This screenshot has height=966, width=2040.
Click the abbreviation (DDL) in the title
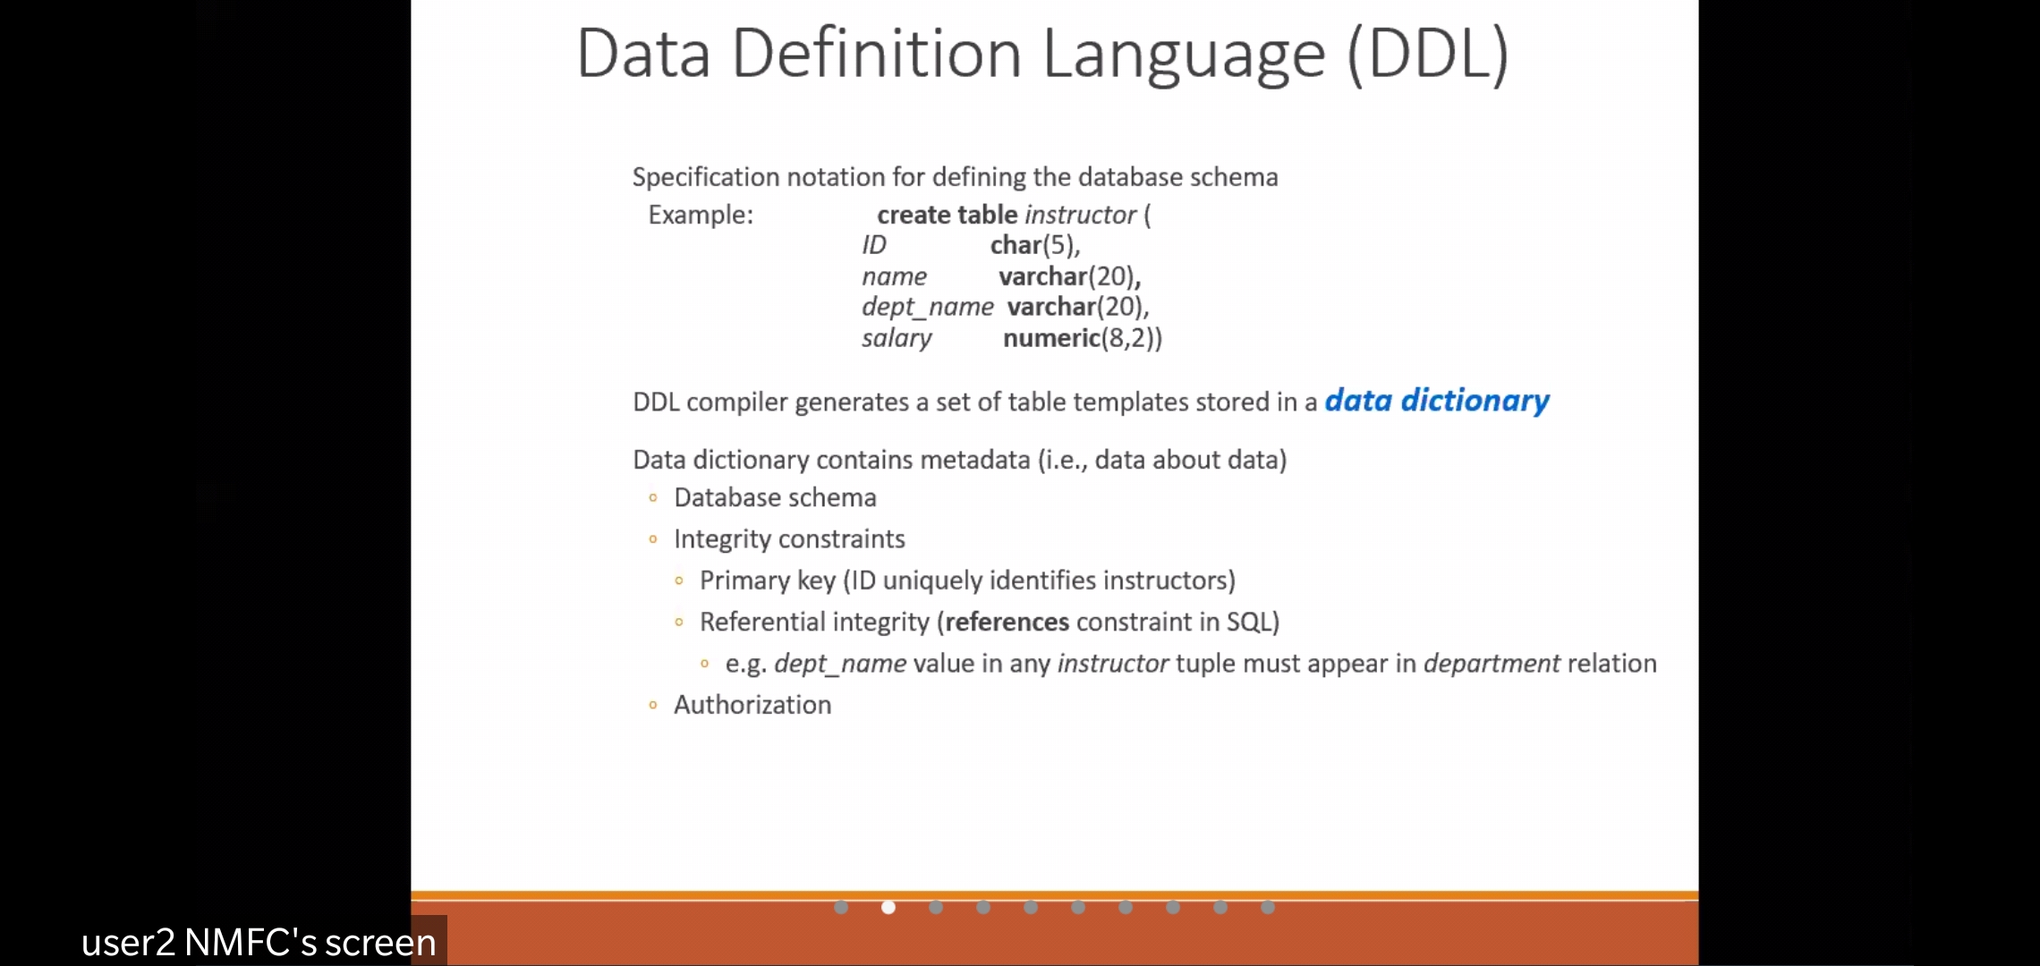pos(1428,55)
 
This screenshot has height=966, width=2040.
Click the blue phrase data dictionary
pos(1437,401)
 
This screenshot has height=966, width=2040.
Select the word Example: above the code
pos(701,216)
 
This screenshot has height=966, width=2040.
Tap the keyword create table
pos(948,215)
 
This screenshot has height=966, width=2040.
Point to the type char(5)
pos(1034,245)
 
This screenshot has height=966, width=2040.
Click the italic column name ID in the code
pos(874,245)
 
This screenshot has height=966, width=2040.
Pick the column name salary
pos(897,338)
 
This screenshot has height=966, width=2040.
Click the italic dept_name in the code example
pos(928,307)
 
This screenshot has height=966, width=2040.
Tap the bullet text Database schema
pos(775,497)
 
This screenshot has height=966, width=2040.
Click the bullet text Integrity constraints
pos(789,539)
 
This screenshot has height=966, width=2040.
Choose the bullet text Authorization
pos(752,705)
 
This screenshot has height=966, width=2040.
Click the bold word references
pos(1007,622)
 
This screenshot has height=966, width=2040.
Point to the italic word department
pos(1492,664)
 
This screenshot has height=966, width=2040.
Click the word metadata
pos(975,460)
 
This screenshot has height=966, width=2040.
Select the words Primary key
pos(768,580)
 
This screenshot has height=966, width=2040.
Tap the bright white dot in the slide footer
pos(888,907)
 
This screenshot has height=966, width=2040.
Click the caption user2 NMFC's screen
pos(259,942)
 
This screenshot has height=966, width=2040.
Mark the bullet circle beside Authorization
pos(653,706)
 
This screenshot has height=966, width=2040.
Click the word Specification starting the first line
pos(706,177)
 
